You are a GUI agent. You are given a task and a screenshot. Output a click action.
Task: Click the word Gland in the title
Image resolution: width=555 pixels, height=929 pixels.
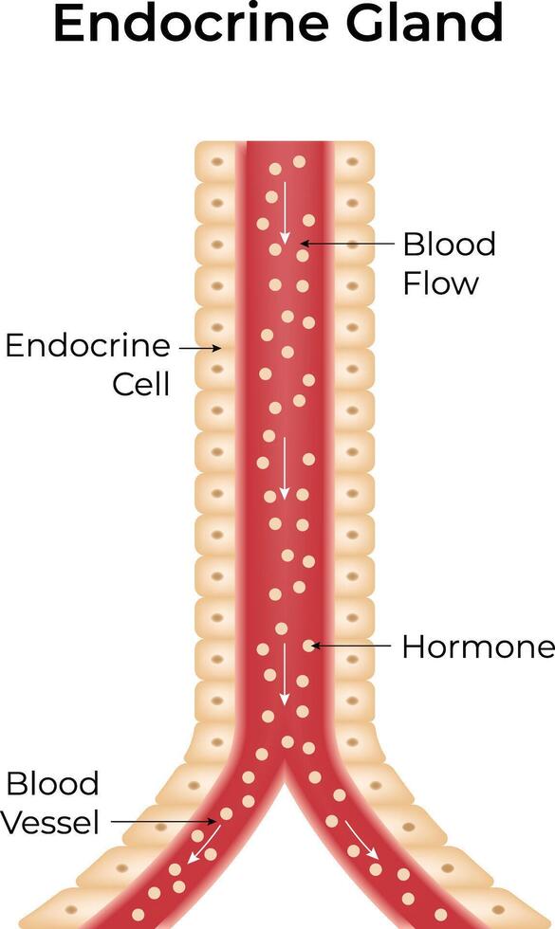click(x=425, y=23)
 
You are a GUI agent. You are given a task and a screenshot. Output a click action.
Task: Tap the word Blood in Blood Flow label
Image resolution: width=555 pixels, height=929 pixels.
click(x=449, y=245)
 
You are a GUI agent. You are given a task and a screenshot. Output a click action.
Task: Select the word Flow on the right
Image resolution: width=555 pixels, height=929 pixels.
click(x=440, y=282)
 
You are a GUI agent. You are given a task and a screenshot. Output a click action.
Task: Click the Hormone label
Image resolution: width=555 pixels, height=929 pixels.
click(x=478, y=647)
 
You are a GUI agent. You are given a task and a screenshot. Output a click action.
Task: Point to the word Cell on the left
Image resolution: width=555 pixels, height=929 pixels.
click(x=141, y=384)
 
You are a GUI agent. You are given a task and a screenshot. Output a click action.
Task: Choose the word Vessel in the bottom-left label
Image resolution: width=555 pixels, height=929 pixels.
click(x=49, y=823)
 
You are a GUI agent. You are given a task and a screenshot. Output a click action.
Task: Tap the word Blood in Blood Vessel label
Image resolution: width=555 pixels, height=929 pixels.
click(x=52, y=784)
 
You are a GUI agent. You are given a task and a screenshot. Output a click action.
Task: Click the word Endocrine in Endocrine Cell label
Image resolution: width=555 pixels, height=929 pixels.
click(x=87, y=345)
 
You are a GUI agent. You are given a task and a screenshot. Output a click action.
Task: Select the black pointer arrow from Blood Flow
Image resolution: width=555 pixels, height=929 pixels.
click(x=347, y=243)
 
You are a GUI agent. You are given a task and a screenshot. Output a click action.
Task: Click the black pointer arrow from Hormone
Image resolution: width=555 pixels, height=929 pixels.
click(x=351, y=646)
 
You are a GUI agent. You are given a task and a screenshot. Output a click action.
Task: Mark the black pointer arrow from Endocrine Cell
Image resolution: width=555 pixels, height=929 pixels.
click(x=200, y=349)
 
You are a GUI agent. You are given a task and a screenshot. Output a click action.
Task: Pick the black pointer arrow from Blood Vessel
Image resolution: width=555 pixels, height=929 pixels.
click(x=163, y=821)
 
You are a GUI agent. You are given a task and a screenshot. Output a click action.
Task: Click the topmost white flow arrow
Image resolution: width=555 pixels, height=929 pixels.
click(x=285, y=212)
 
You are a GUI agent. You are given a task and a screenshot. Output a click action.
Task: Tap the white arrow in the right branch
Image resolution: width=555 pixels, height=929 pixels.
click(x=361, y=839)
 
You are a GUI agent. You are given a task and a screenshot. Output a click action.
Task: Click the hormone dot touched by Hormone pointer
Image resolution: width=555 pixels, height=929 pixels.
click(x=307, y=646)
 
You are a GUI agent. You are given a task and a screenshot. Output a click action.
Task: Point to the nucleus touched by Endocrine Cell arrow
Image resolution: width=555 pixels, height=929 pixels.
click(x=216, y=349)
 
